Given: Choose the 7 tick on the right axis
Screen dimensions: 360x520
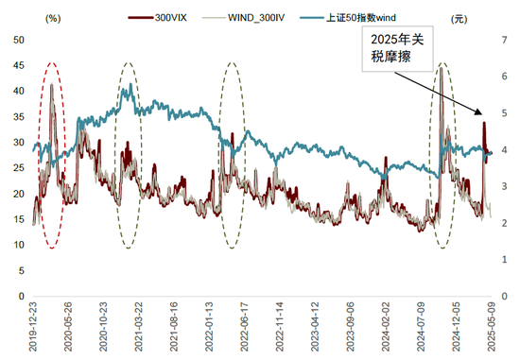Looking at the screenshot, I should pos(503,40).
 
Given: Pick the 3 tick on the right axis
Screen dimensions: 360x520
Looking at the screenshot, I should pos(503,186).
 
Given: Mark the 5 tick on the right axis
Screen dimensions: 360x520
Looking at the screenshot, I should pos(503,113).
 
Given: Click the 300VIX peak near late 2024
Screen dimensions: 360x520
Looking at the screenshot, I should pos(440,69).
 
